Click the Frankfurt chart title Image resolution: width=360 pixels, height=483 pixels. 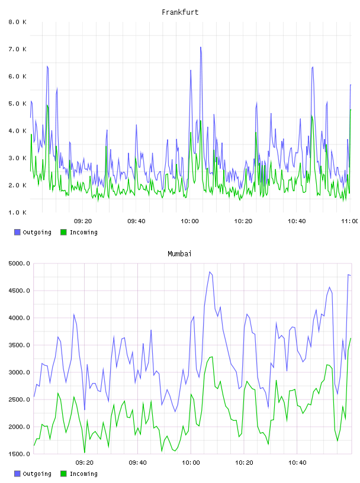click(180, 12)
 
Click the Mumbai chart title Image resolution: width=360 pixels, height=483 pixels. click(179, 254)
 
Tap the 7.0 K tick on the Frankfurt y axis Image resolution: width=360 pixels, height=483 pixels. click(17, 49)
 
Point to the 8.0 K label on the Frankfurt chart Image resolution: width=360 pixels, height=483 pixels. click(17, 22)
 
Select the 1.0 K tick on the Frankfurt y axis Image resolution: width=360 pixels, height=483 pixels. click(17, 212)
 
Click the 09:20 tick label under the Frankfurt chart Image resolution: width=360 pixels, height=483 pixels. click(83, 221)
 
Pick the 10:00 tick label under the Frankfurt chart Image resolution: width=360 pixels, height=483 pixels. click(189, 221)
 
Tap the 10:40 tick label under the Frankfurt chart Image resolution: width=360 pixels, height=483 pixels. click(297, 221)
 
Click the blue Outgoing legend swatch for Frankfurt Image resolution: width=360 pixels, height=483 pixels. click(17, 232)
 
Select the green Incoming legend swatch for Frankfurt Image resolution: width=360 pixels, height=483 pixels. click(63, 232)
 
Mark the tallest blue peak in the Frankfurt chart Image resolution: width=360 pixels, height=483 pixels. click(201, 47)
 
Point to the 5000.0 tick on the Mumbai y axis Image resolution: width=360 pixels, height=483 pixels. click(19, 263)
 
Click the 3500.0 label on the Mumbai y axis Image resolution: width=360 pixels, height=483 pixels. click(19, 345)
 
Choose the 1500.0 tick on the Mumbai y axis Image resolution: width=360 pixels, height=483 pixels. click(19, 454)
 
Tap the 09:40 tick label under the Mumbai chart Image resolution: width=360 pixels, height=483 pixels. click(137, 463)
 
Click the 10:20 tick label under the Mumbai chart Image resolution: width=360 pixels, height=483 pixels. click(244, 463)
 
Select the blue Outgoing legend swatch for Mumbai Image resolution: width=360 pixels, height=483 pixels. click(17, 474)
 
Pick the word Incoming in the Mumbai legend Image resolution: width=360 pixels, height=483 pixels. click(83, 474)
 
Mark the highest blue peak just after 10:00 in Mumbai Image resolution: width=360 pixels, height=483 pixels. click(210, 272)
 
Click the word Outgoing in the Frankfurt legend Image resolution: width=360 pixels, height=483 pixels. click(37, 233)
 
